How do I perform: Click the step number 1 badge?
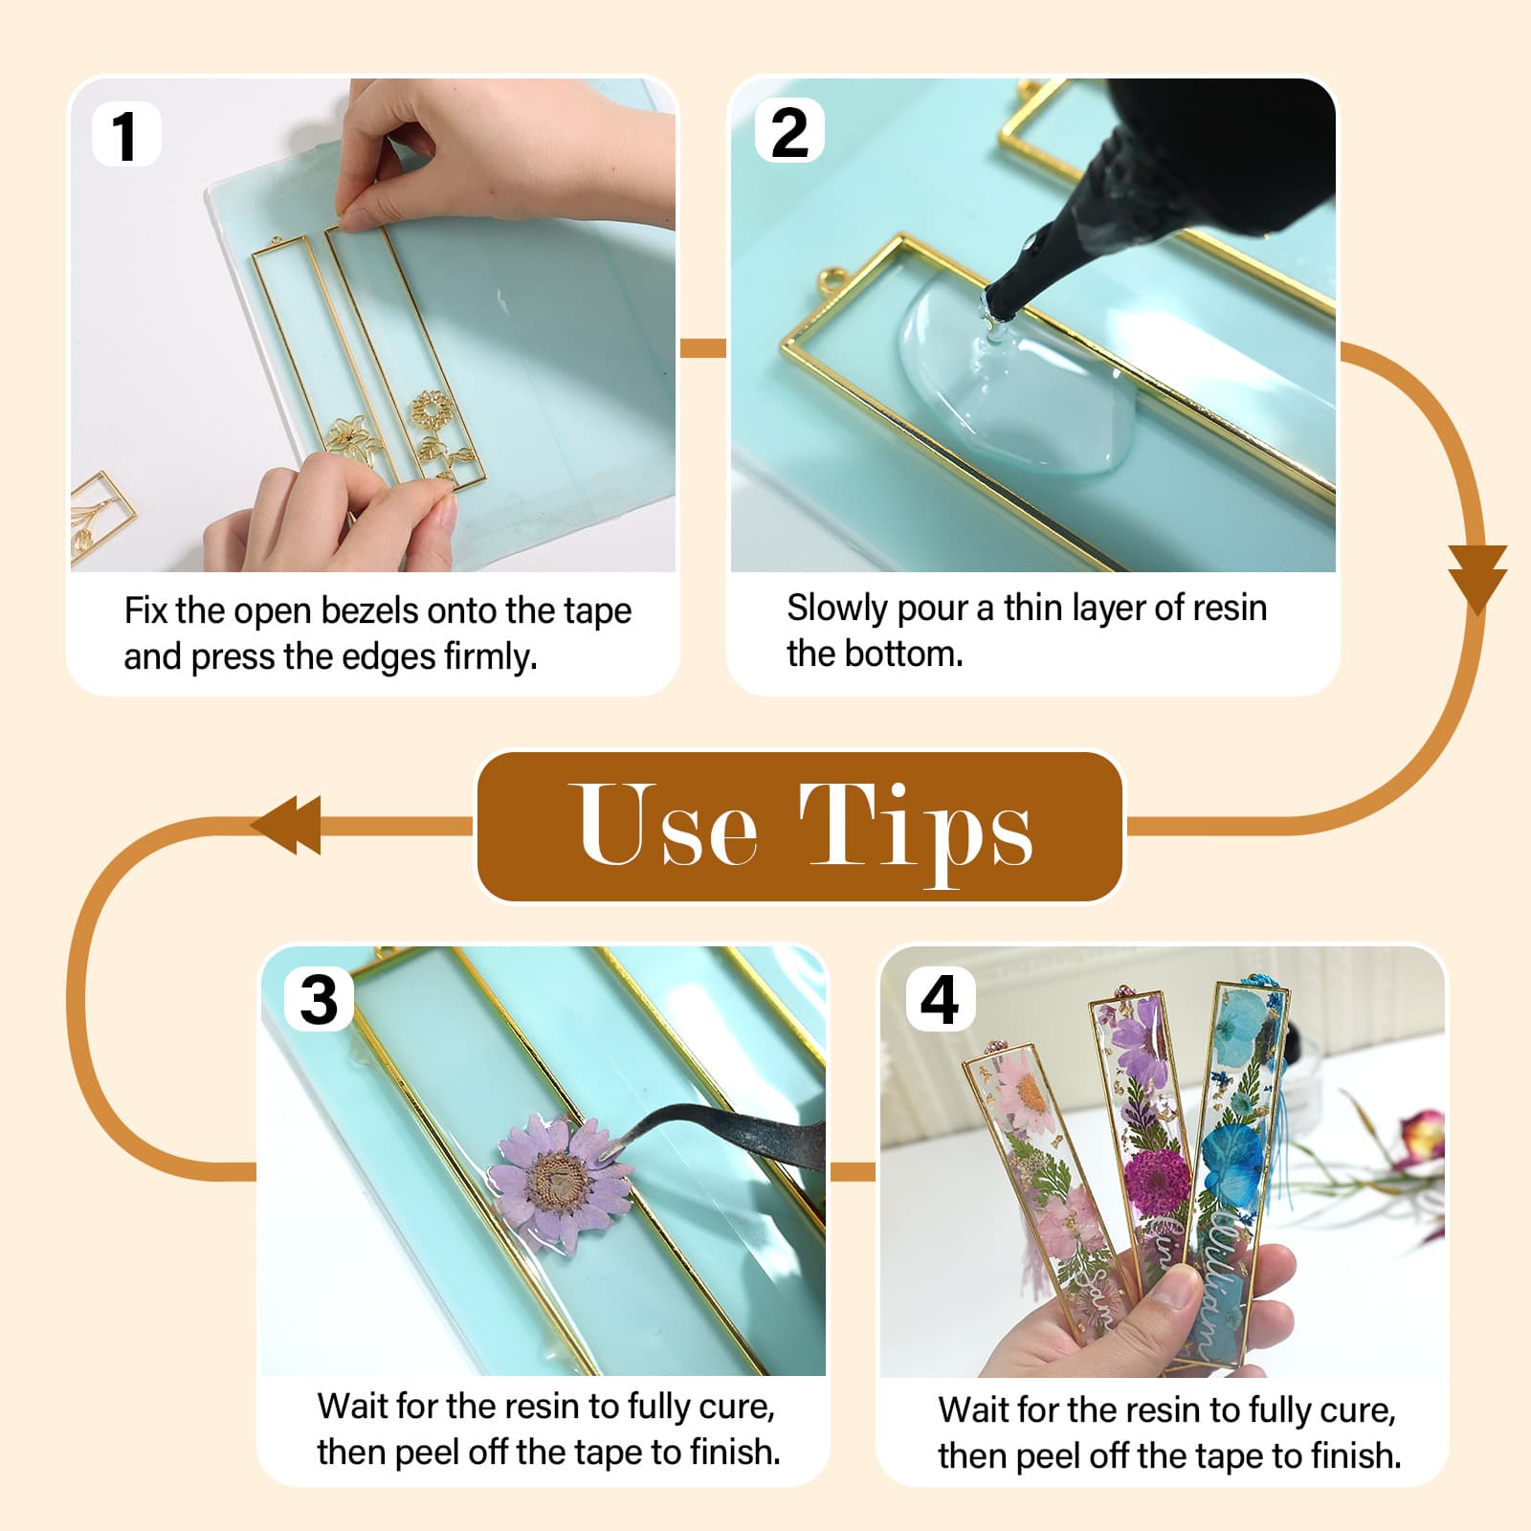point(125,135)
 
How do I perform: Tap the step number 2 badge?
point(789,132)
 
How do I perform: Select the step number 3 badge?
point(319,1000)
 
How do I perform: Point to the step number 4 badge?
point(940,999)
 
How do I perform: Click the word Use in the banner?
point(669,825)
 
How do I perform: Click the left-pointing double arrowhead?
point(287,825)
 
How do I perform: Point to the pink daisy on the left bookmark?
point(1024,1096)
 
